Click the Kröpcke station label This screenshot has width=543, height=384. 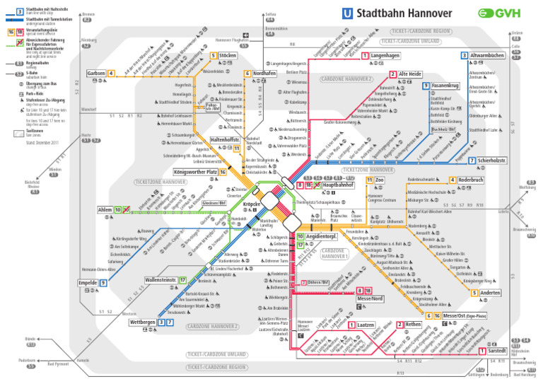tap(252, 204)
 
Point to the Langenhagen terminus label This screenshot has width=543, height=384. tap(386, 56)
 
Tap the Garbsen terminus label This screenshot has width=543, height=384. tap(95, 74)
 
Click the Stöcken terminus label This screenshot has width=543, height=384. tap(228, 56)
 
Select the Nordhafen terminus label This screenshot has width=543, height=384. tap(264, 74)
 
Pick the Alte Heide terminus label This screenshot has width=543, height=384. tap(410, 74)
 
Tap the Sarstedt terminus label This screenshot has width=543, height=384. tap(497, 351)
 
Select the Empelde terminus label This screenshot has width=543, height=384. tap(87, 283)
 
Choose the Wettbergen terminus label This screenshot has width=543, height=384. tap(142, 322)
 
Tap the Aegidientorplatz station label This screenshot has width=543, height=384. tap(325, 237)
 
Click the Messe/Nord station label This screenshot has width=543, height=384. tap(370, 298)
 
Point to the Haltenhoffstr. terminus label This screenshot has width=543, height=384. tap(226, 140)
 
